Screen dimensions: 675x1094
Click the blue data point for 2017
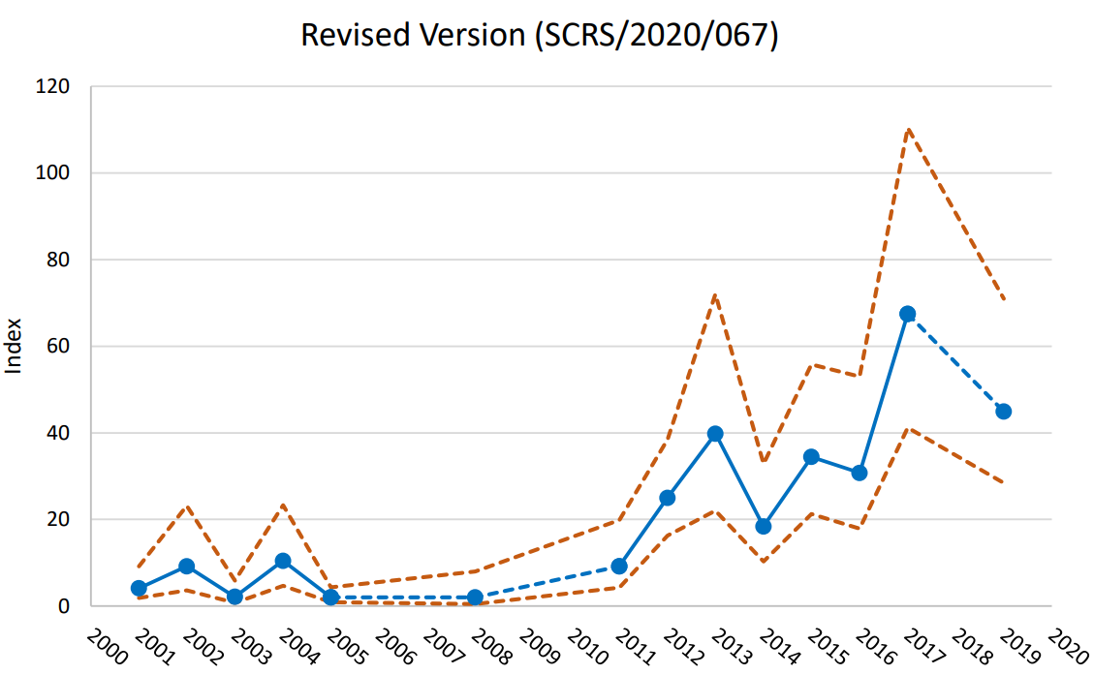tap(907, 314)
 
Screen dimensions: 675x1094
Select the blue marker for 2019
tap(1003, 412)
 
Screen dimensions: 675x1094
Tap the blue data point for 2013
tap(715, 434)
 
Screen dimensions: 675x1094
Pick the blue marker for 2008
tap(475, 598)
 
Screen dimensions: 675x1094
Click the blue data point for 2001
tap(139, 588)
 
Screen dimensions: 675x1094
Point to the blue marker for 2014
tap(764, 527)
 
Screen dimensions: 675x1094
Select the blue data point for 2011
tap(619, 567)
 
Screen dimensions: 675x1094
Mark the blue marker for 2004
tap(283, 561)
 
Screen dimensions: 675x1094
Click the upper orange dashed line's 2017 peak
tap(907, 129)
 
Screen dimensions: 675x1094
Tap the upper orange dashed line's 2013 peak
tap(715, 294)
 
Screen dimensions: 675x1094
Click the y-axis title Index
tap(15, 347)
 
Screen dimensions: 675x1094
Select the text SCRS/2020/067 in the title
tap(656, 34)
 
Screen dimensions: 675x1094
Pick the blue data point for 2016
tap(860, 473)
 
